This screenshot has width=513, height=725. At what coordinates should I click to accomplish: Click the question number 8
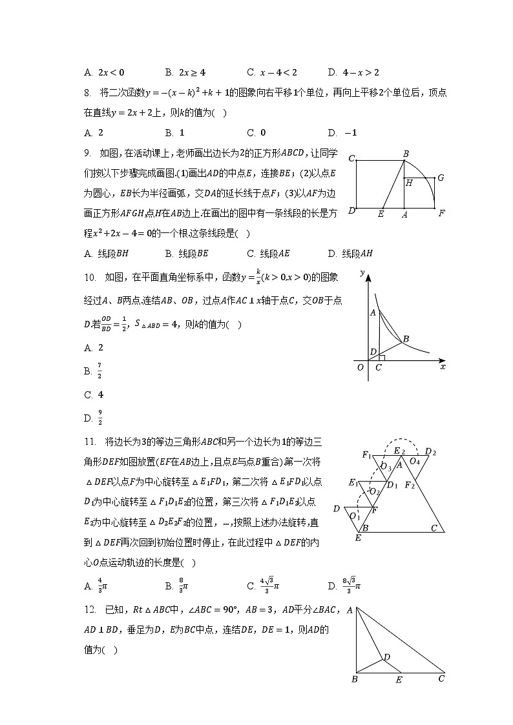click(87, 92)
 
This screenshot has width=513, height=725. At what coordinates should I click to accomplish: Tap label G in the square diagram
click(441, 177)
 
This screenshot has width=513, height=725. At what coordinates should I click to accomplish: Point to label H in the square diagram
click(409, 183)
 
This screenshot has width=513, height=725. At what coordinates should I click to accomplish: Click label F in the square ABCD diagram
click(441, 213)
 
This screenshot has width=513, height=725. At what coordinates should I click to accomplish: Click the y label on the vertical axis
click(363, 272)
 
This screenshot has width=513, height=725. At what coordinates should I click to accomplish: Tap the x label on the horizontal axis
click(443, 366)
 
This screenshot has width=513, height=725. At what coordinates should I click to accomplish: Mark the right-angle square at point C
click(382, 358)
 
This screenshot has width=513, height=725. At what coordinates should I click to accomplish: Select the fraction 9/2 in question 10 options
click(99, 418)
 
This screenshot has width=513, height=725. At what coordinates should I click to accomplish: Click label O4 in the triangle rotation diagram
click(415, 461)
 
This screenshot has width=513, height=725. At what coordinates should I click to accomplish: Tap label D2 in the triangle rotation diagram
click(430, 451)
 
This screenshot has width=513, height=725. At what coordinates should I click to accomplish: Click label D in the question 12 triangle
click(386, 657)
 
